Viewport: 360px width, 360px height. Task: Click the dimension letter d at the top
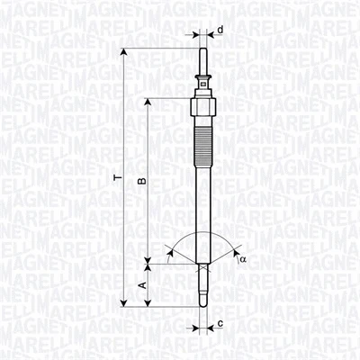(x=220, y=30)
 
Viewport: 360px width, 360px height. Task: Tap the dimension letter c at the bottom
(x=220, y=322)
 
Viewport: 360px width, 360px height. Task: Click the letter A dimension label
(x=140, y=284)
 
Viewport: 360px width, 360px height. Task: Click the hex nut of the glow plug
(x=204, y=106)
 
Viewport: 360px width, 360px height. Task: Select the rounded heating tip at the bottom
(x=204, y=301)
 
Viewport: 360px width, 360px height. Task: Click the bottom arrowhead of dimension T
(x=123, y=303)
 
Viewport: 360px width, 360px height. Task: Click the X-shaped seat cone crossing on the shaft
(x=204, y=264)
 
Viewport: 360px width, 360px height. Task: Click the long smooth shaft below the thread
(x=204, y=207)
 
